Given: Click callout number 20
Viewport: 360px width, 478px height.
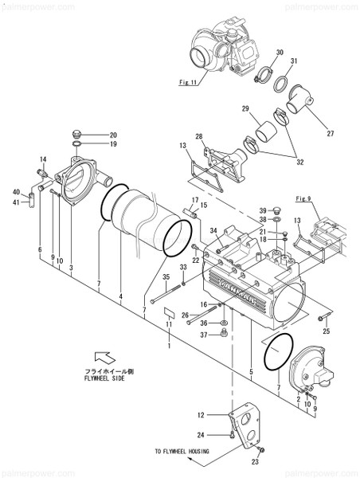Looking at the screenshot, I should (113, 135).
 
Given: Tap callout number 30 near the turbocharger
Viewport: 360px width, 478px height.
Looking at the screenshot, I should (280, 53).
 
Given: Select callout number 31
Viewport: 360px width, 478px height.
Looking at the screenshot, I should (294, 61).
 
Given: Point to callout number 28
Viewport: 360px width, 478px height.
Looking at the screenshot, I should (199, 136).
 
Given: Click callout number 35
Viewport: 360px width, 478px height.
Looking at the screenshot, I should (167, 277).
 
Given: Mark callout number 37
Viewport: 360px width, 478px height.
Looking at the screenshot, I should (203, 335).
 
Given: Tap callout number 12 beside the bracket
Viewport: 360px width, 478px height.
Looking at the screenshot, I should (202, 414).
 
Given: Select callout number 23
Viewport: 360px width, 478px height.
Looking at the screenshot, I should (256, 461).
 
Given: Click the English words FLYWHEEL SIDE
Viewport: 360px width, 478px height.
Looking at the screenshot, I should (114, 381).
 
